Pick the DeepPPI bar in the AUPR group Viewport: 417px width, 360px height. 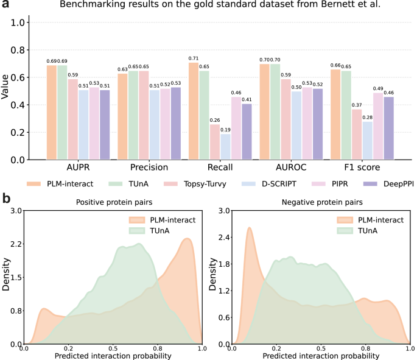(104, 124)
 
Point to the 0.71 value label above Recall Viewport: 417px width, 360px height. (193, 58)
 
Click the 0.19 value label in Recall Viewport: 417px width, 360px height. (225, 130)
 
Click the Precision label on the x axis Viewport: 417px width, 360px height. (150, 166)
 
